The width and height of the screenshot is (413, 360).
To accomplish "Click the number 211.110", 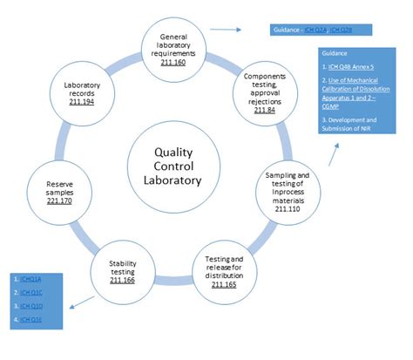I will tap(288, 209).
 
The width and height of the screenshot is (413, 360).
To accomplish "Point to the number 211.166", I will tap(121, 281).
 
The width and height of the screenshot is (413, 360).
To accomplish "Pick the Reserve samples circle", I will tap(58, 192).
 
